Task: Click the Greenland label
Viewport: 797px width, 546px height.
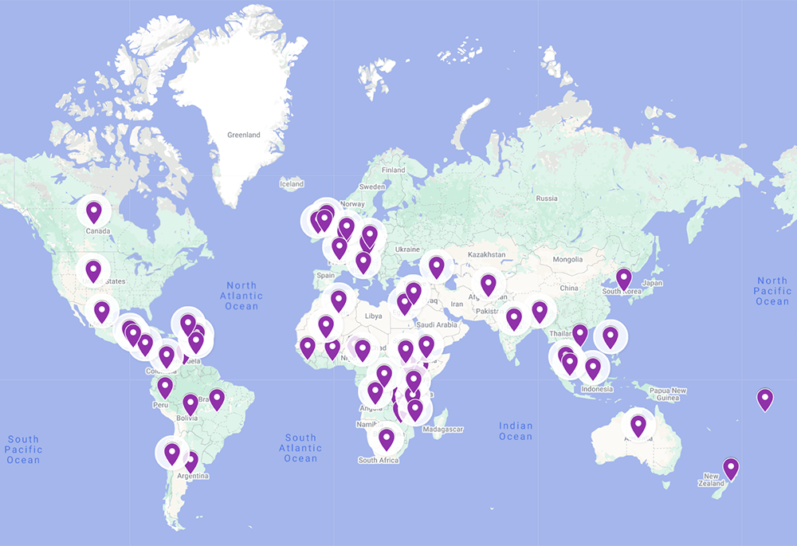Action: tap(243, 135)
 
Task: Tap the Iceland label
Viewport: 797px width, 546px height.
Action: tap(292, 184)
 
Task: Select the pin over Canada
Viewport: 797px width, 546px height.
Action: tap(94, 212)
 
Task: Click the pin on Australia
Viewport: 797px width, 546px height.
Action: tap(638, 426)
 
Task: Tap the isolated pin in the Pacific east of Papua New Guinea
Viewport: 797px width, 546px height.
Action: tap(765, 399)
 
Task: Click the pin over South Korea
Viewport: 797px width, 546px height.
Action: tap(623, 279)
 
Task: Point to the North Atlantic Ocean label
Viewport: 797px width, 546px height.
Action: tap(241, 296)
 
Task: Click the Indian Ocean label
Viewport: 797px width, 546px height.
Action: tap(516, 431)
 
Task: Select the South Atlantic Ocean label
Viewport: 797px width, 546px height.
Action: tap(300, 448)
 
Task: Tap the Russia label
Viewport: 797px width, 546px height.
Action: tap(547, 198)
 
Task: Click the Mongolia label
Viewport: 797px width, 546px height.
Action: tap(568, 260)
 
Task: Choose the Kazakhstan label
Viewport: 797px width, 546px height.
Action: tap(486, 254)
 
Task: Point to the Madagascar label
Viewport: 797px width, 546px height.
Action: tap(444, 430)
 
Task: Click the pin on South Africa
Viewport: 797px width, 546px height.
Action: tap(387, 438)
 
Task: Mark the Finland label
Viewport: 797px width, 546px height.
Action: tap(393, 170)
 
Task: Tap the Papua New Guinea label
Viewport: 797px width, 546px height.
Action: tap(668, 395)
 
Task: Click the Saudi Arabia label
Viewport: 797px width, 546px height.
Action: tap(436, 324)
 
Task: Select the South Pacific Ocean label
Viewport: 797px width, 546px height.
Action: tap(23, 450)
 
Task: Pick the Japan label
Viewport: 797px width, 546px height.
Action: tap(652, 283)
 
